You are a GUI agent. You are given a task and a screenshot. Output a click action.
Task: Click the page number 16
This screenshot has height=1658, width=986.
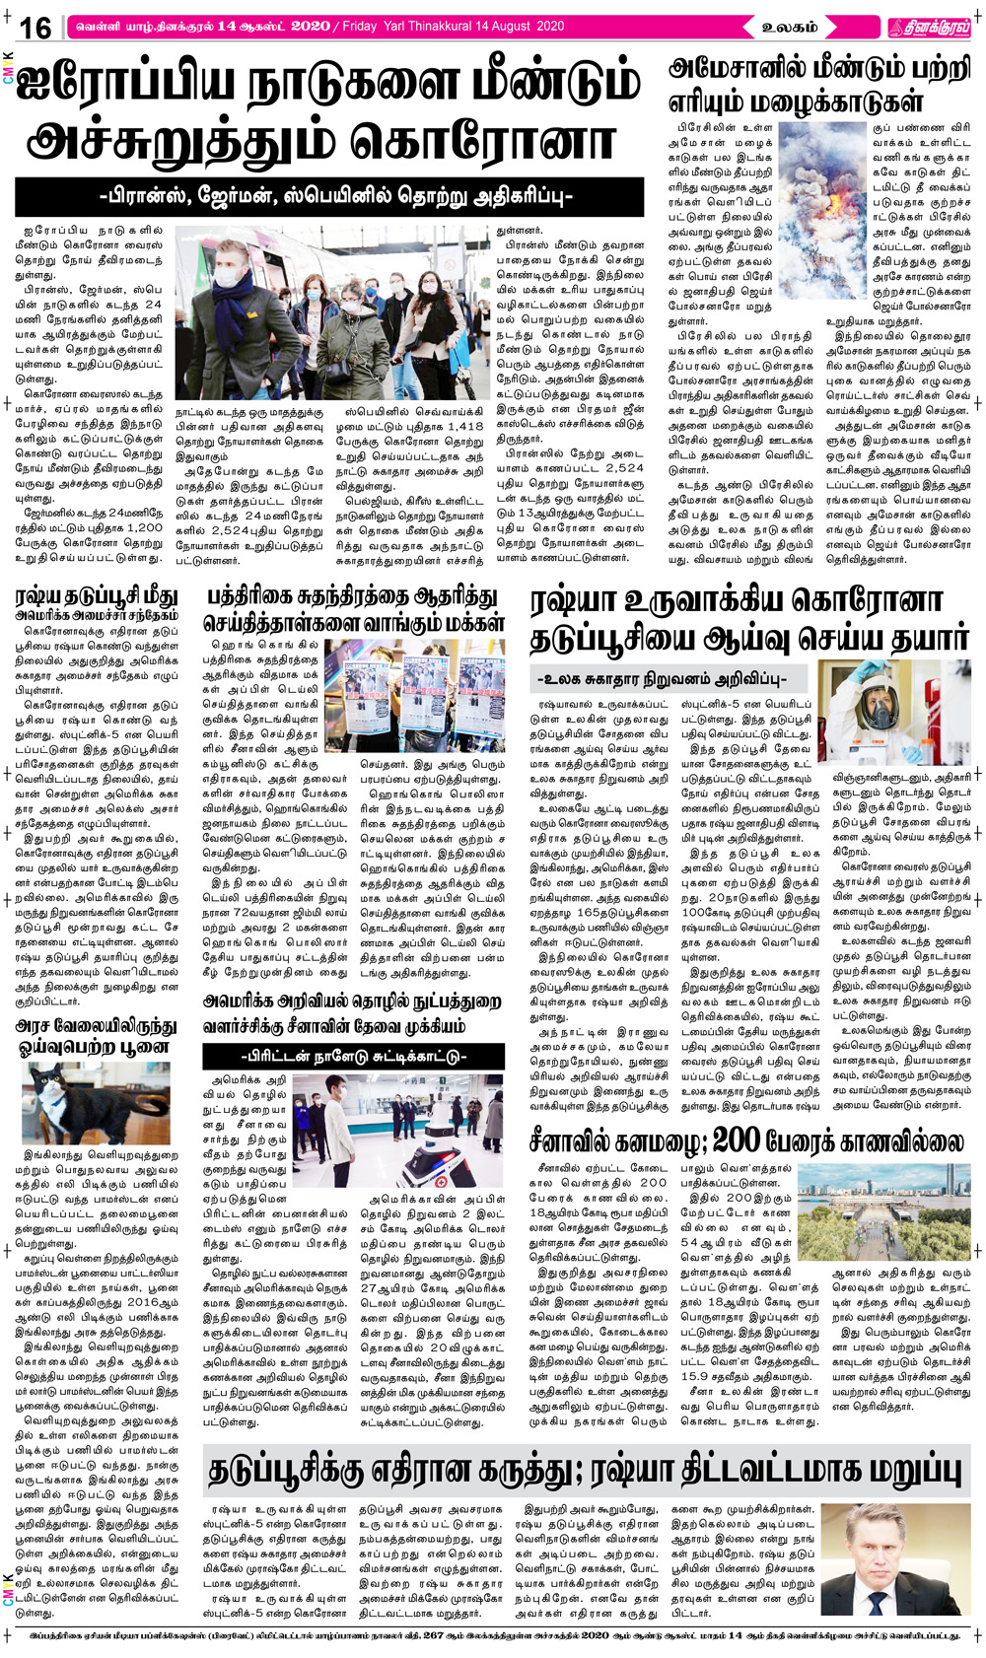(x=35, y=27)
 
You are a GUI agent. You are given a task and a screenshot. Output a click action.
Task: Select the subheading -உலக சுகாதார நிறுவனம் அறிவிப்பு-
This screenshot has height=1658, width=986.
(x=670, y=679)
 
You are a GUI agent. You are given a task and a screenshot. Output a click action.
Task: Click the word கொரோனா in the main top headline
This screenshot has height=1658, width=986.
(x=483, y=140)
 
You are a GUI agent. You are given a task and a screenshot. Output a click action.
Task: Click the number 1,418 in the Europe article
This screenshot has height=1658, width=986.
(x=464, y=427)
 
